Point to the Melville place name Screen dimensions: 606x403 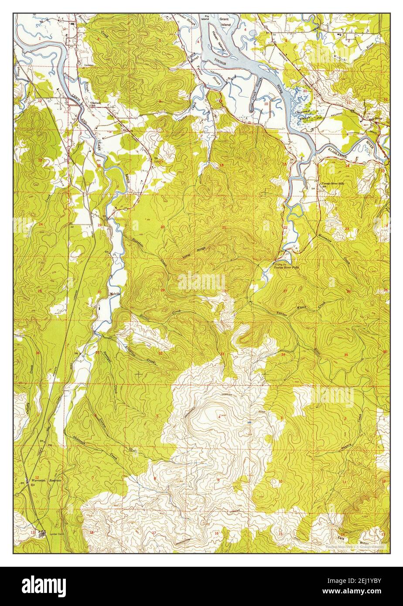click(115, 293)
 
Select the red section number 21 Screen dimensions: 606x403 click(224, 228)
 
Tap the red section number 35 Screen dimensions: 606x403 click(346, 355)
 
